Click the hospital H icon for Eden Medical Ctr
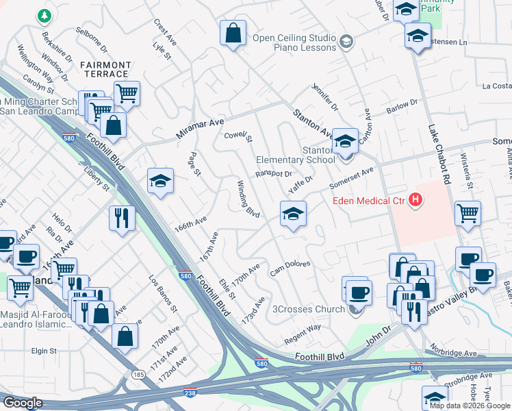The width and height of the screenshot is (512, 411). [415, 200]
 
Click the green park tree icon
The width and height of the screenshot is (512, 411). [44, 14]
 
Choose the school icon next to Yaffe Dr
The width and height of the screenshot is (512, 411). [293, 214]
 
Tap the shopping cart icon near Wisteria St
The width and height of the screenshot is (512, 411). [468, 213]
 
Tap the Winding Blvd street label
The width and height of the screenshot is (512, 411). [248, 200]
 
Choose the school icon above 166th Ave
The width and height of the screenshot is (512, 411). [161, 181]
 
